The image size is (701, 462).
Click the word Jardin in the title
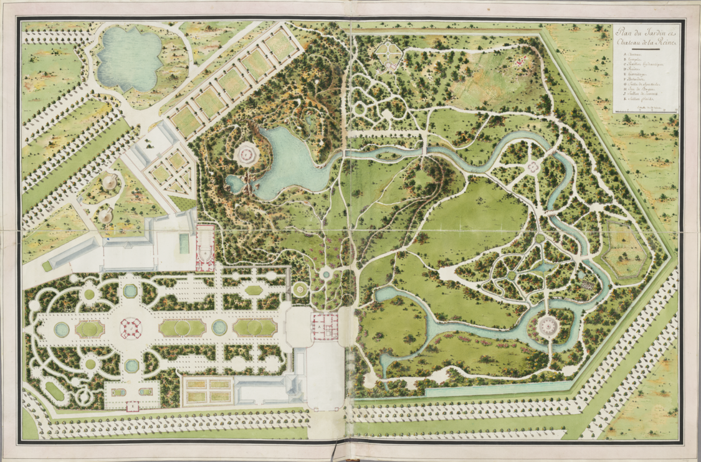(x=656, y=33)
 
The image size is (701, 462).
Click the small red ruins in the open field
(x=521, y=60)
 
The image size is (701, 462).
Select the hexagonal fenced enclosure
(x=623, y=252)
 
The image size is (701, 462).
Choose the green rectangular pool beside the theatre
(x=184, y=242)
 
